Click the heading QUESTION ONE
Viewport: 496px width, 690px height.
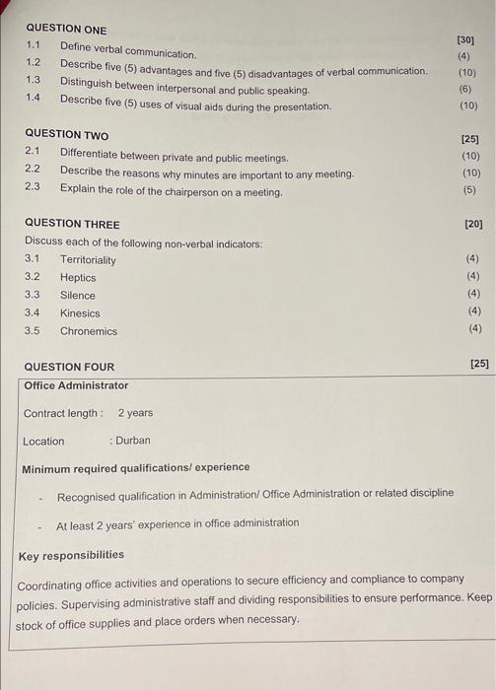[66, 30]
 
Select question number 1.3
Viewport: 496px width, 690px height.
[34, 80]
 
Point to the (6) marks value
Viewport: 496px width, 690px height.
[466, 88]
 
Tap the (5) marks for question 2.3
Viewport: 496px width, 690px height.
[469, 189]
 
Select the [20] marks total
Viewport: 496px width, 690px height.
[473, 225]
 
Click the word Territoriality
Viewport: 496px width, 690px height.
[88, 260]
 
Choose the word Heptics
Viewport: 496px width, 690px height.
[78, 278]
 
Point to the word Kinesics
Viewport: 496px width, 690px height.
[80, 313]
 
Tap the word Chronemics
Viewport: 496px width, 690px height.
[89, 331]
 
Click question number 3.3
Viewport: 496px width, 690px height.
[33, 296]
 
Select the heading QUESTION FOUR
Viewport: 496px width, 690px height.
[69, 367]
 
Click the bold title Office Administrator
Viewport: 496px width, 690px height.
[76, 385]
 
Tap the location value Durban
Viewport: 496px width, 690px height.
[133, 441]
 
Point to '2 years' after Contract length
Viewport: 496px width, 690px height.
[136, 413]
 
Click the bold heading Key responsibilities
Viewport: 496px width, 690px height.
[71, 555]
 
